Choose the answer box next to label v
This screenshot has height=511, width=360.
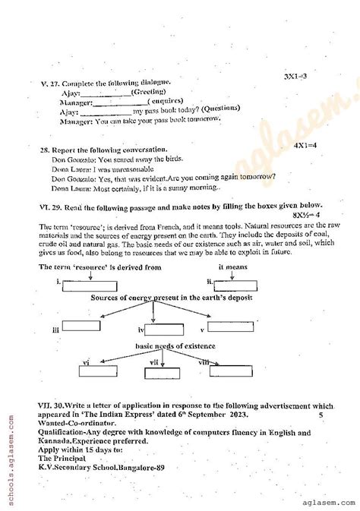pyautogui.click(x=231, y=327)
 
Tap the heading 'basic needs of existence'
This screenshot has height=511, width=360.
pyautogui.click(x=175, y=345)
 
